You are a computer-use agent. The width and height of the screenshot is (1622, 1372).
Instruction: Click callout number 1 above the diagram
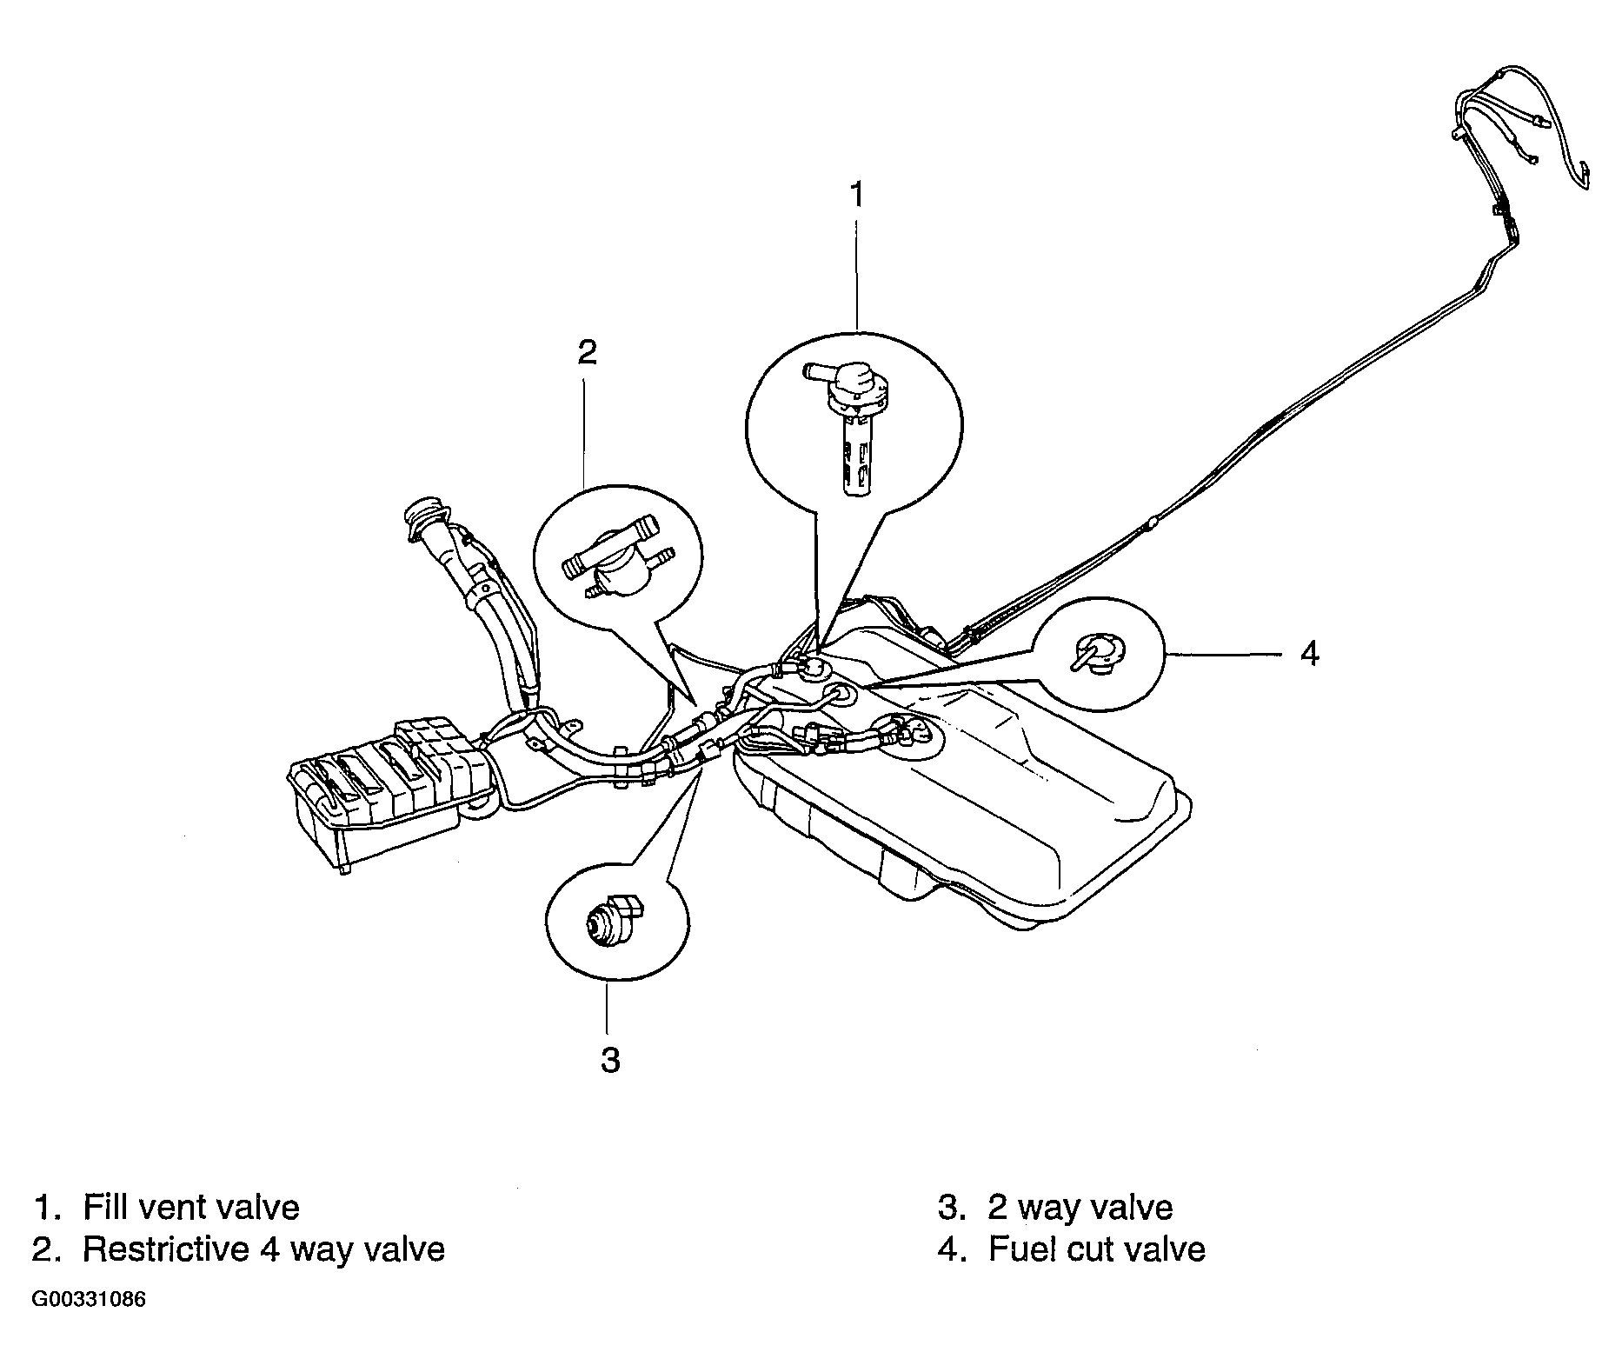[x=857, y=195]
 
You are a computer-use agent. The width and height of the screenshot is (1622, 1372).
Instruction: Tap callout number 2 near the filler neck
[x=588, y=352]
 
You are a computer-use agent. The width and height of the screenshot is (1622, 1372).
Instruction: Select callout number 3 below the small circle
[x=610, y=1060]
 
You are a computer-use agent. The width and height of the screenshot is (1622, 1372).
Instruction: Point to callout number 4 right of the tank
[x=1309, y=652]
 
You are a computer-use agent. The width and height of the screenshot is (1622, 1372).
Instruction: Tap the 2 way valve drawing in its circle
[x=614, y=922]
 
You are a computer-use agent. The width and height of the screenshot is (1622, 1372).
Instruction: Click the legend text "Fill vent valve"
[x=190, y=1207]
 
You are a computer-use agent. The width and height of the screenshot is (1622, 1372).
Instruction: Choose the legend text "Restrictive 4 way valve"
[x=263, y=1249]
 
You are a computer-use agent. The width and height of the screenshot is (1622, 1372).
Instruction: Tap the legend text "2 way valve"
[x=1080, y=1207]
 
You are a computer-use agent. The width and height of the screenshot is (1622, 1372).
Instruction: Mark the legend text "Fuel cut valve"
[x=1096, y=1249]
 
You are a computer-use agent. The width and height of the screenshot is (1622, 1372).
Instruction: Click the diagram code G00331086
[x=89, y=1301]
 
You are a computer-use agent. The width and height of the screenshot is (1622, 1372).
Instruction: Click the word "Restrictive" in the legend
[x=165, y=1249]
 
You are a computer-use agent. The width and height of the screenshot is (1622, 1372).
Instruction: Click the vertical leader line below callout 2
[x=586, y=426]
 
